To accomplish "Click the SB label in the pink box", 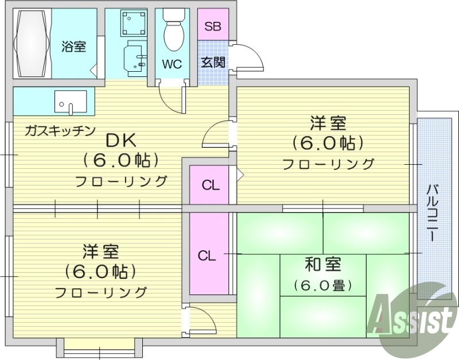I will [x=212, y=27].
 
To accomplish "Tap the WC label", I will [x=171, y=64].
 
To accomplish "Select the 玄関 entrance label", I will [x=212, y=63].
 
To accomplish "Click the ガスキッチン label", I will [x=60, y=131].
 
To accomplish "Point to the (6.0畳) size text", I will [x=322, y=284].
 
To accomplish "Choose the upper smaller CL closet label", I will [x=211, y=185].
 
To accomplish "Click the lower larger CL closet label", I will [x=208, y=256].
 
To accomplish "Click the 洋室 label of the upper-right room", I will [x=328, y=122].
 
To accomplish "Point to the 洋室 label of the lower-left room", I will [x=100, y=251].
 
